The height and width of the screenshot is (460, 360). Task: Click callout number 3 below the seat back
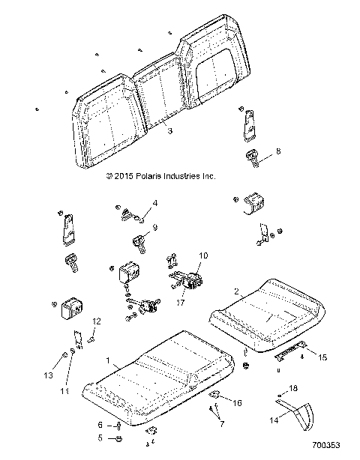tap(170, 131)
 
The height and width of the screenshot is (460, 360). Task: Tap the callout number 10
tap(202, 255)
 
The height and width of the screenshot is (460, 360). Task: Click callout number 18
tap(293, 388)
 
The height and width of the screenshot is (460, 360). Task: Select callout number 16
tap(238, 402)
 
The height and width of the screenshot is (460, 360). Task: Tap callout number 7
tap(222, 423)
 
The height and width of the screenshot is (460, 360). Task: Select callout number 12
tap(96, 321)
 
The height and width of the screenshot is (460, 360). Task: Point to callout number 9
tap(154, 227)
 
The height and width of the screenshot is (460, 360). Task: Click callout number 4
tap(155, 203)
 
